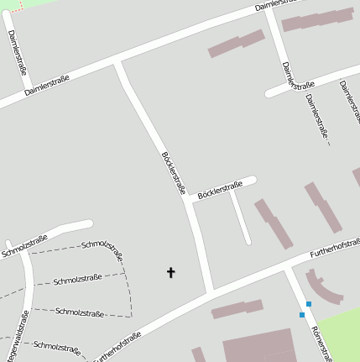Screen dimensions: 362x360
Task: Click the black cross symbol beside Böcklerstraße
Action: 171,272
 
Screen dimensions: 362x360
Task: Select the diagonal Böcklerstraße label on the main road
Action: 173,171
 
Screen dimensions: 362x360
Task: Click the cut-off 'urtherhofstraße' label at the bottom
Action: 117,346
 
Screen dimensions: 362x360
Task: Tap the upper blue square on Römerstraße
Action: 309,304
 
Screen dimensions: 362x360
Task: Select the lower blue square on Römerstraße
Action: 302,315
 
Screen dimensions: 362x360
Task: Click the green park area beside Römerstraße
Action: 339,331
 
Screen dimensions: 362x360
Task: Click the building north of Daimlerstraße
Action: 236,44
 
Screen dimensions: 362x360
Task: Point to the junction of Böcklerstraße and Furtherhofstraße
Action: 210,291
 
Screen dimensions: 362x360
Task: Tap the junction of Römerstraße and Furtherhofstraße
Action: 287,267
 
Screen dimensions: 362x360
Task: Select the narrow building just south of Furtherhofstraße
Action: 237,310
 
